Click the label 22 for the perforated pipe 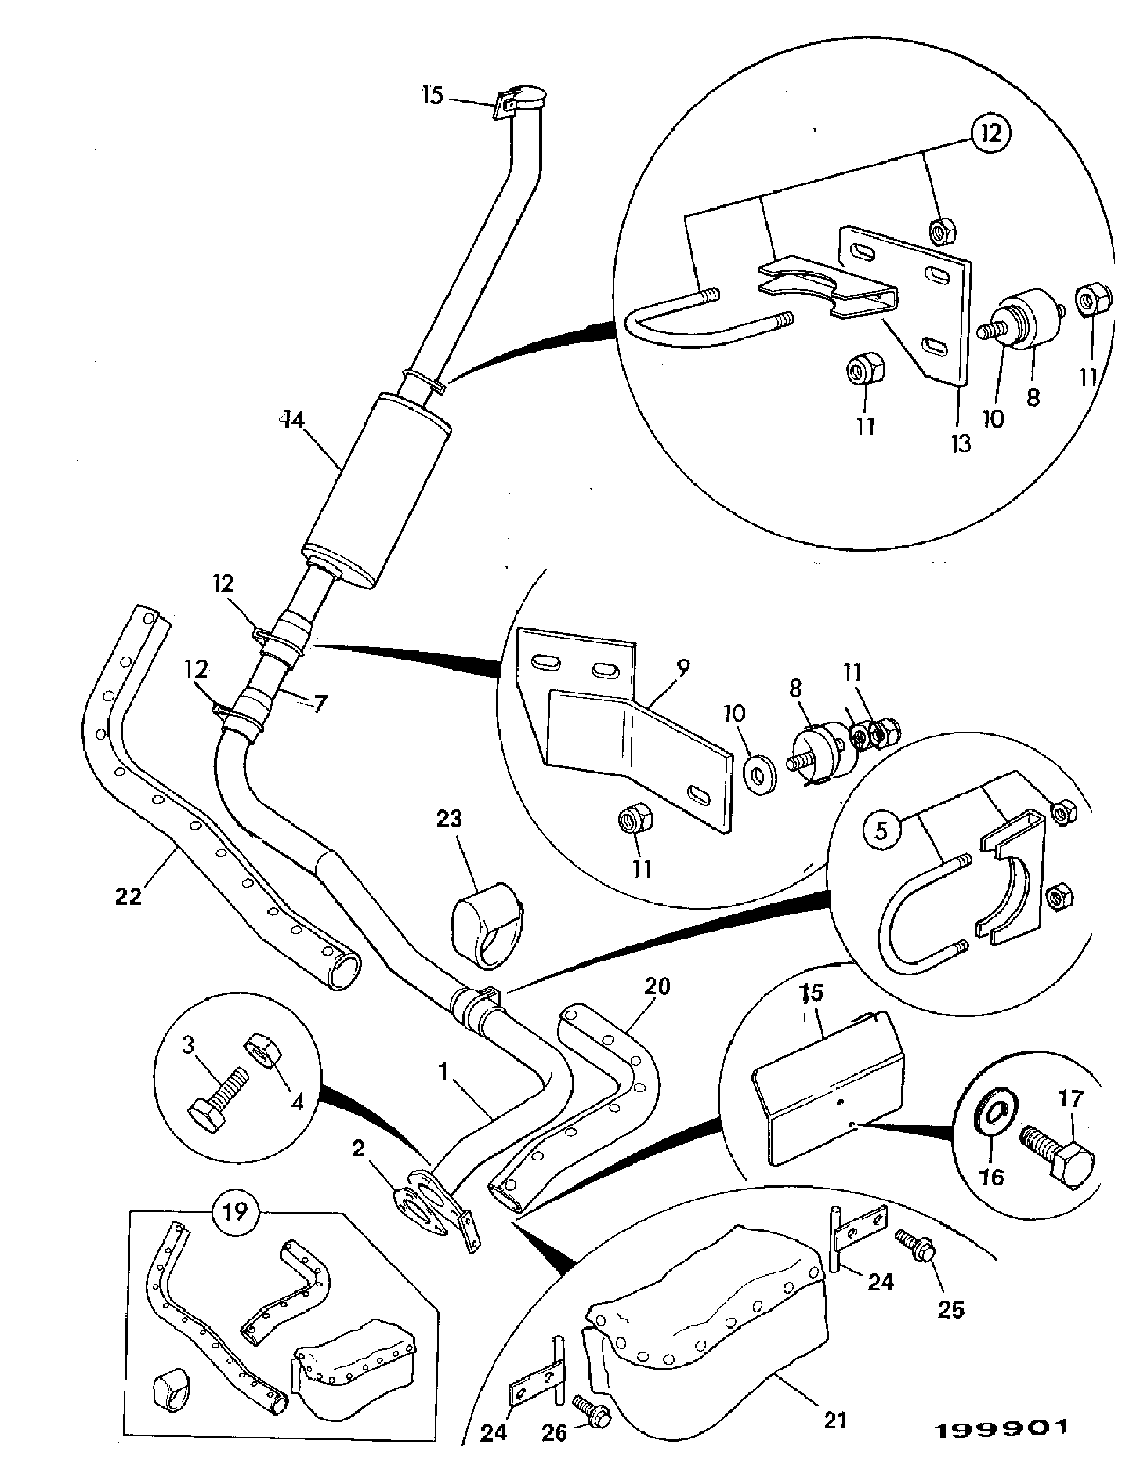129,896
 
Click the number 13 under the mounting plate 961,443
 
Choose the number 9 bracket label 682,668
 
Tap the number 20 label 657,986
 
